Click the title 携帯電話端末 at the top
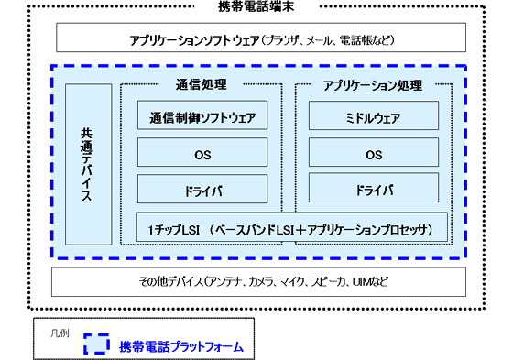pyautogui.click(x=256, y=8)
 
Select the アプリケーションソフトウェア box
pyautogui.click(x=256, y=39)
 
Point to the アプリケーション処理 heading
pyautogui.click(x=373, y=86)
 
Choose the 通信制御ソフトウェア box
pyautogui.click(x=202, y=117)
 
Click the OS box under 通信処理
pyautogui.click(x=202, y=154)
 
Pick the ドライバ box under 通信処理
pyautogui.click(x=202, y=190)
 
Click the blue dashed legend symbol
pyautogui.click(x=96, y=344)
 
